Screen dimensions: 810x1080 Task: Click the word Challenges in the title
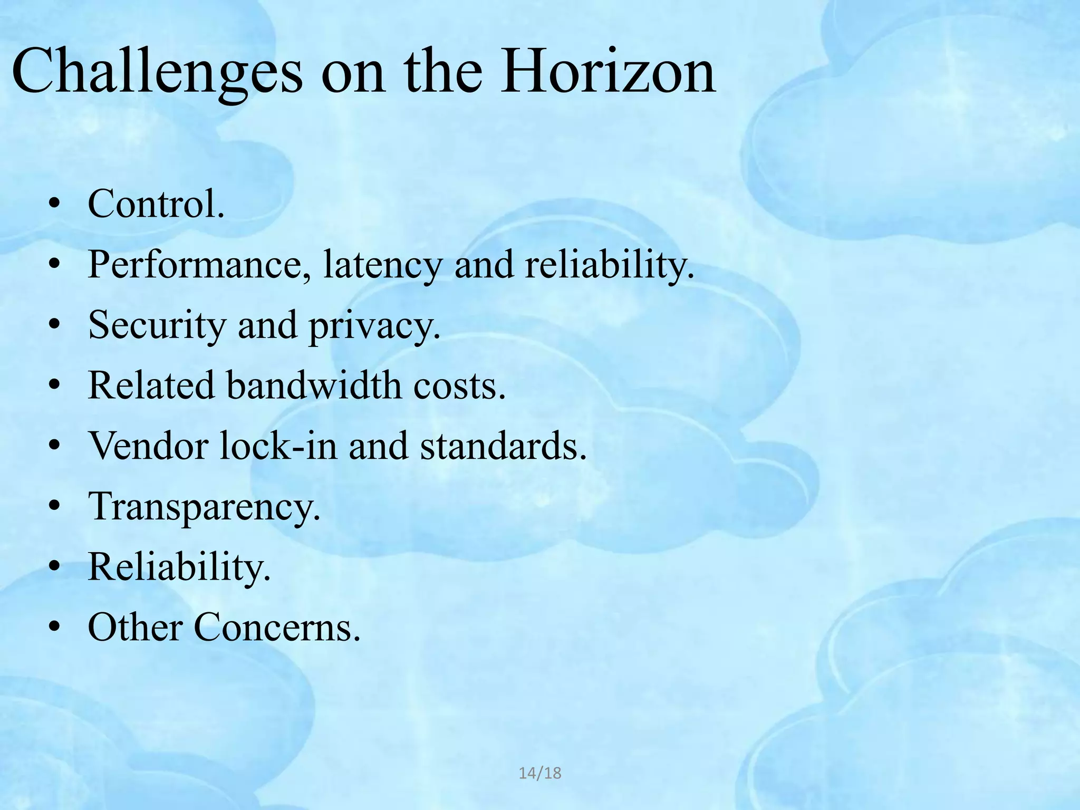pos(157,71)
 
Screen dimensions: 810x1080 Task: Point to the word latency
pos(383,265)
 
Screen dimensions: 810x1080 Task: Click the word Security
pos(157,325)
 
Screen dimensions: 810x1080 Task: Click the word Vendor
pos(148,446)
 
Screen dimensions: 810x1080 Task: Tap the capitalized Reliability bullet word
pos(179,567)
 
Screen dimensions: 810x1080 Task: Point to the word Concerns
pos(277,628)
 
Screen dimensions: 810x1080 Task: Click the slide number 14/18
pos(540,774)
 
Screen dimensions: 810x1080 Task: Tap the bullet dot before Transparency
pos(54,507)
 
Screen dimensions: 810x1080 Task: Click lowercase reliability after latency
pos(609,265)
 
